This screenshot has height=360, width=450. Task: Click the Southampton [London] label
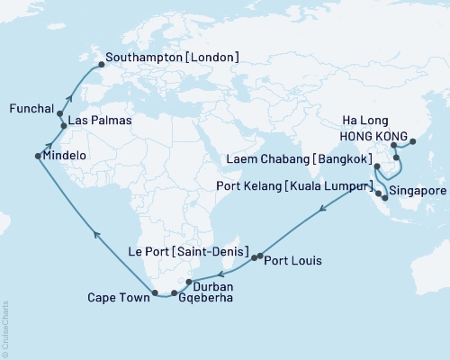point(172,57)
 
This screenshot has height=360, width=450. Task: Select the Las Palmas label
point(100,121)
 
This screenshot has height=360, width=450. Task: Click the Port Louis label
point(294,261)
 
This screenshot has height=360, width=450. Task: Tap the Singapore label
point(417,192)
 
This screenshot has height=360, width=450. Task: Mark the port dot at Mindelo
point(37,157)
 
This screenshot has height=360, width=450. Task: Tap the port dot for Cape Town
point(156,292)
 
